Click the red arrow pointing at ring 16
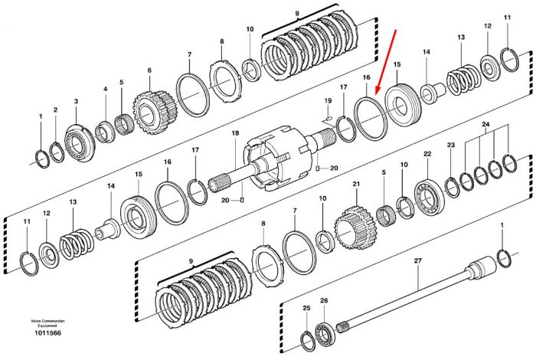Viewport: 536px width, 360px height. (x=385, y=62)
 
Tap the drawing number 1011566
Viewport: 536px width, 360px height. (x=47, y=332)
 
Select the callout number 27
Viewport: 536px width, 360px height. (x=418, y=260)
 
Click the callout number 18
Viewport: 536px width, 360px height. (x=235, y=133)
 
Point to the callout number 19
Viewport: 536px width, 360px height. (x=328, y=100)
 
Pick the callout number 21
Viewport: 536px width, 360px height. (x=357, y=184)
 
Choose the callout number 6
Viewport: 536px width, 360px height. (x=149, y=70)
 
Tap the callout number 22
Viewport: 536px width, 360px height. (x=427, y=154)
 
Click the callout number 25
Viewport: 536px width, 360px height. (x=306, y=308)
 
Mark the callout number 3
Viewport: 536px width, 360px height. (x=76, y=101)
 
